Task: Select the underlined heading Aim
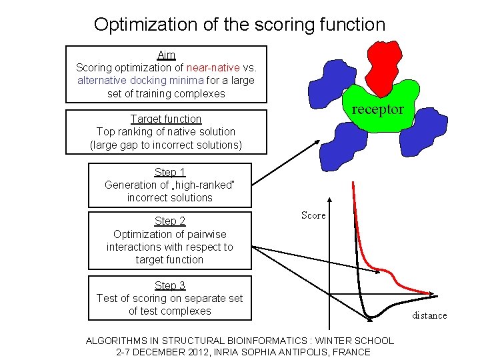[x=166, y=55]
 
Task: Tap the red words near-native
[x=214, y=67]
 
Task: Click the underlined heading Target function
[x=166, y=119]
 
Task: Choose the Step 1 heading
[x=170, y=172]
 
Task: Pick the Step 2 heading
[x=170, y=221]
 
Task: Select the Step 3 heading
[x=170, y=285]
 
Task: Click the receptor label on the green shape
[x=377, y=109]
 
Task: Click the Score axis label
[x=313, y=215]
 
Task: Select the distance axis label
[x=429, y=315]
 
